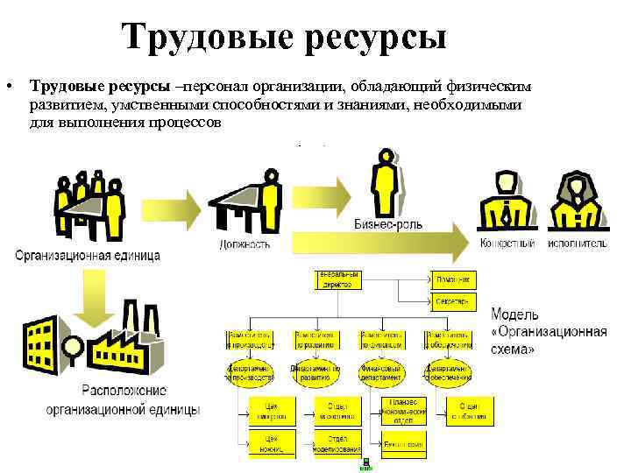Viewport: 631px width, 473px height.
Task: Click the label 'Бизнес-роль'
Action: (387, 224)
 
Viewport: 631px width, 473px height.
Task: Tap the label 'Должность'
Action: (245, 244)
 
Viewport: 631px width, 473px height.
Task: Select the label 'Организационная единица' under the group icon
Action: (88, 256)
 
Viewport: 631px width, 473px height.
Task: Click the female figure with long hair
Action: (575, 203)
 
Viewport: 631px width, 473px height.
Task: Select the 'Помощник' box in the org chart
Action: (453, 279)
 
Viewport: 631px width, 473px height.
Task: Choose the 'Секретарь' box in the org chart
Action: (453, 302)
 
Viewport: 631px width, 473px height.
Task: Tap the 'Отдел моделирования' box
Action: (337, 444)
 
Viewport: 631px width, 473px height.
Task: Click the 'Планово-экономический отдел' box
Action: (404, 410)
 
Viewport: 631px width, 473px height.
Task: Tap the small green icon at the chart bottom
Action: (365, 463)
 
